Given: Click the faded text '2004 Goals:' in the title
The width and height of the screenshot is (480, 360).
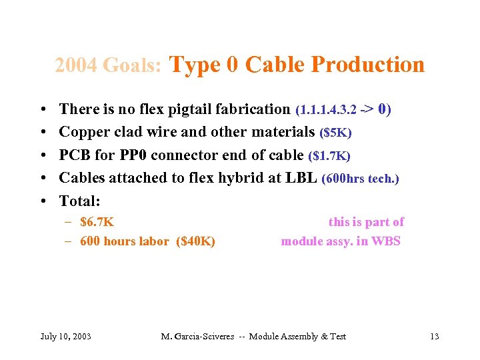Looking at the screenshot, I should pyautogui.click(x=108, y=65).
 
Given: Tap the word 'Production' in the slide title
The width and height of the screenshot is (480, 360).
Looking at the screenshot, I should pyautogui.click(x=367, y=65).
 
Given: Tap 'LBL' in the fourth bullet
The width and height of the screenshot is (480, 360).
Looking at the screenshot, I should pyautogui.click(x=303, y=178).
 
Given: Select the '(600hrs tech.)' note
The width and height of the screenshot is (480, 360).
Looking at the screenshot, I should pyautogui.click(x=360, y=179).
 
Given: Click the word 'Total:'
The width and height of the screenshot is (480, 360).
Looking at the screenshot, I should pyautogui.click(x=79, y=201).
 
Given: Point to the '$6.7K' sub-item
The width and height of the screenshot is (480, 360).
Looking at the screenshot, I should pyautogui.click(x=97, y=222).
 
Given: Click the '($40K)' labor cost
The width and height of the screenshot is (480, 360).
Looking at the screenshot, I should pyautogui.click(x=195, y=241).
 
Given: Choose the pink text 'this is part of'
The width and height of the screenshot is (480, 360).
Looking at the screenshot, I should pyautogui.click(x=366, y=222).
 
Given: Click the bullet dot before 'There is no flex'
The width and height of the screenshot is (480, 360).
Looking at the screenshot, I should pyautogui.click(x=42, y=109).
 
